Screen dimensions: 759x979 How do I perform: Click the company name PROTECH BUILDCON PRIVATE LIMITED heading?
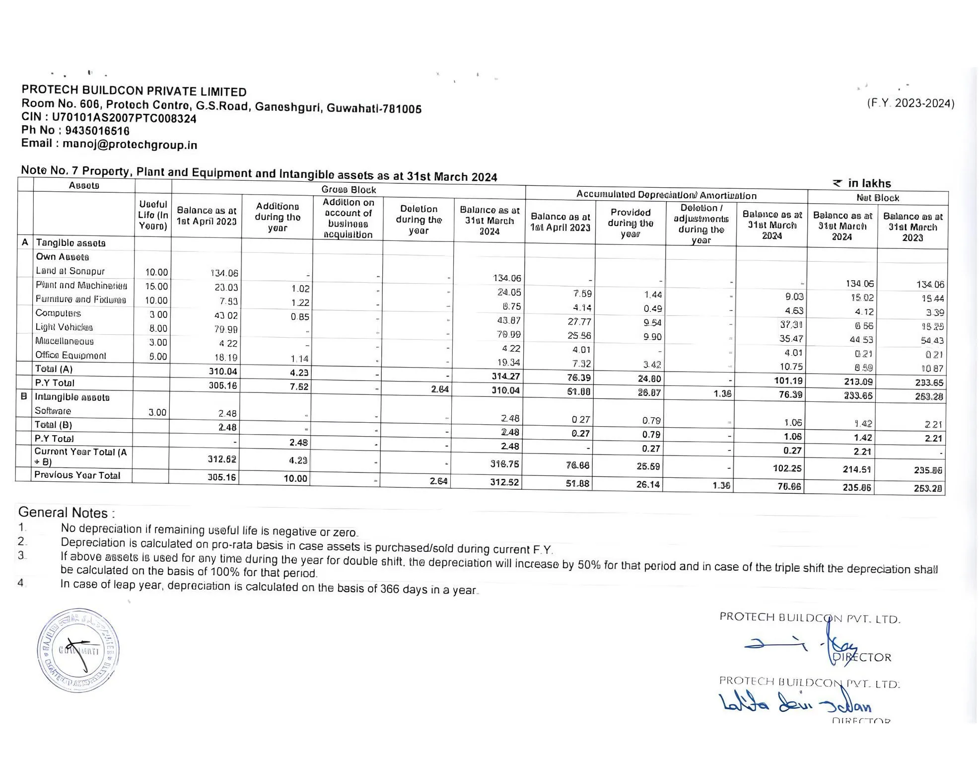click(134, 91)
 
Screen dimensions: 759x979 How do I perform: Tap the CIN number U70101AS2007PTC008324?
click(124, 118)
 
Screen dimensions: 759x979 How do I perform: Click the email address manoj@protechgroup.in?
click(130, 145)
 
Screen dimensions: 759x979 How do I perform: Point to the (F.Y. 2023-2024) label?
click(910, 103)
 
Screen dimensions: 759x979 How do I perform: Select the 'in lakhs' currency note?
click(869, 183)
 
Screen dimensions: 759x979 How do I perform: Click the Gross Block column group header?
click(349, 189)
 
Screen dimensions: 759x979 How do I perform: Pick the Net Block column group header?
click(877, 198)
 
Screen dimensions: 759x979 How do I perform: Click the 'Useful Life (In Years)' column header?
click(153, 215)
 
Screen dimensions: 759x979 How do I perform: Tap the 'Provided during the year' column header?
click(630, 223)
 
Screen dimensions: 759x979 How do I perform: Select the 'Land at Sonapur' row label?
click(70, 271)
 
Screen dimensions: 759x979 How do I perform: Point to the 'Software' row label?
click(53, 411)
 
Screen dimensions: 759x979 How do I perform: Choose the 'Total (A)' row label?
click(54, 369)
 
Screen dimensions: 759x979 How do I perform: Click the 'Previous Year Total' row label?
click(77, 475)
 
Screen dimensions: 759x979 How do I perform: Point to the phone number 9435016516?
click(97, 131)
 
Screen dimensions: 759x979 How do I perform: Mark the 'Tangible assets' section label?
click(70, 243)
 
